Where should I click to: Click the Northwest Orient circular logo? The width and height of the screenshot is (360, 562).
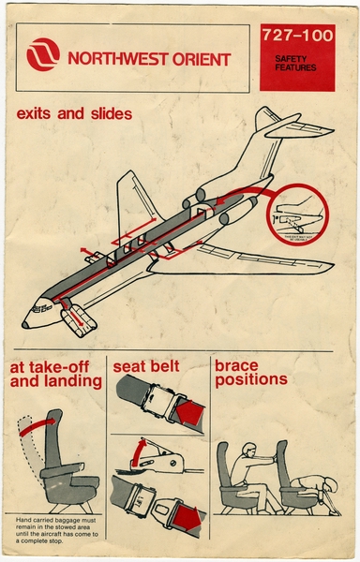43,57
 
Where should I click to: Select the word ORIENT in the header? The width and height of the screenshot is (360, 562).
198,59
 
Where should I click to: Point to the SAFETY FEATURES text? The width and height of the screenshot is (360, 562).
296,66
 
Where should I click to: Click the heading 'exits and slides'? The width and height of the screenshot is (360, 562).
74,115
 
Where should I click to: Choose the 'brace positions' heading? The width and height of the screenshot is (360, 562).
251,373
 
